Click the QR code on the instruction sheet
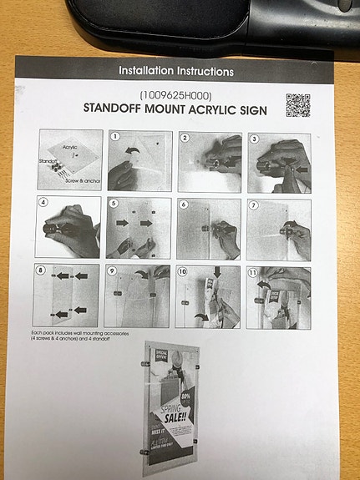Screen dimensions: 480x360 click(x=297, y=105)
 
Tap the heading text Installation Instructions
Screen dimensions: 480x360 click(x=176, y=72)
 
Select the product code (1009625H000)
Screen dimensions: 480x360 click(x=176, y=95)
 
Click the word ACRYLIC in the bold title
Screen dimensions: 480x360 click(x=214, y=109)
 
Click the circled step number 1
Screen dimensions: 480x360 click(x=116, y=137)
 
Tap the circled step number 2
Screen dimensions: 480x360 click(x=185, y=137)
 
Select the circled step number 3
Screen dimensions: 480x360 click(x=254, y=138)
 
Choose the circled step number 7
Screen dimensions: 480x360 click(x=255, y=205)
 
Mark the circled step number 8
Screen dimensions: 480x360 click(x=40, y=271)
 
